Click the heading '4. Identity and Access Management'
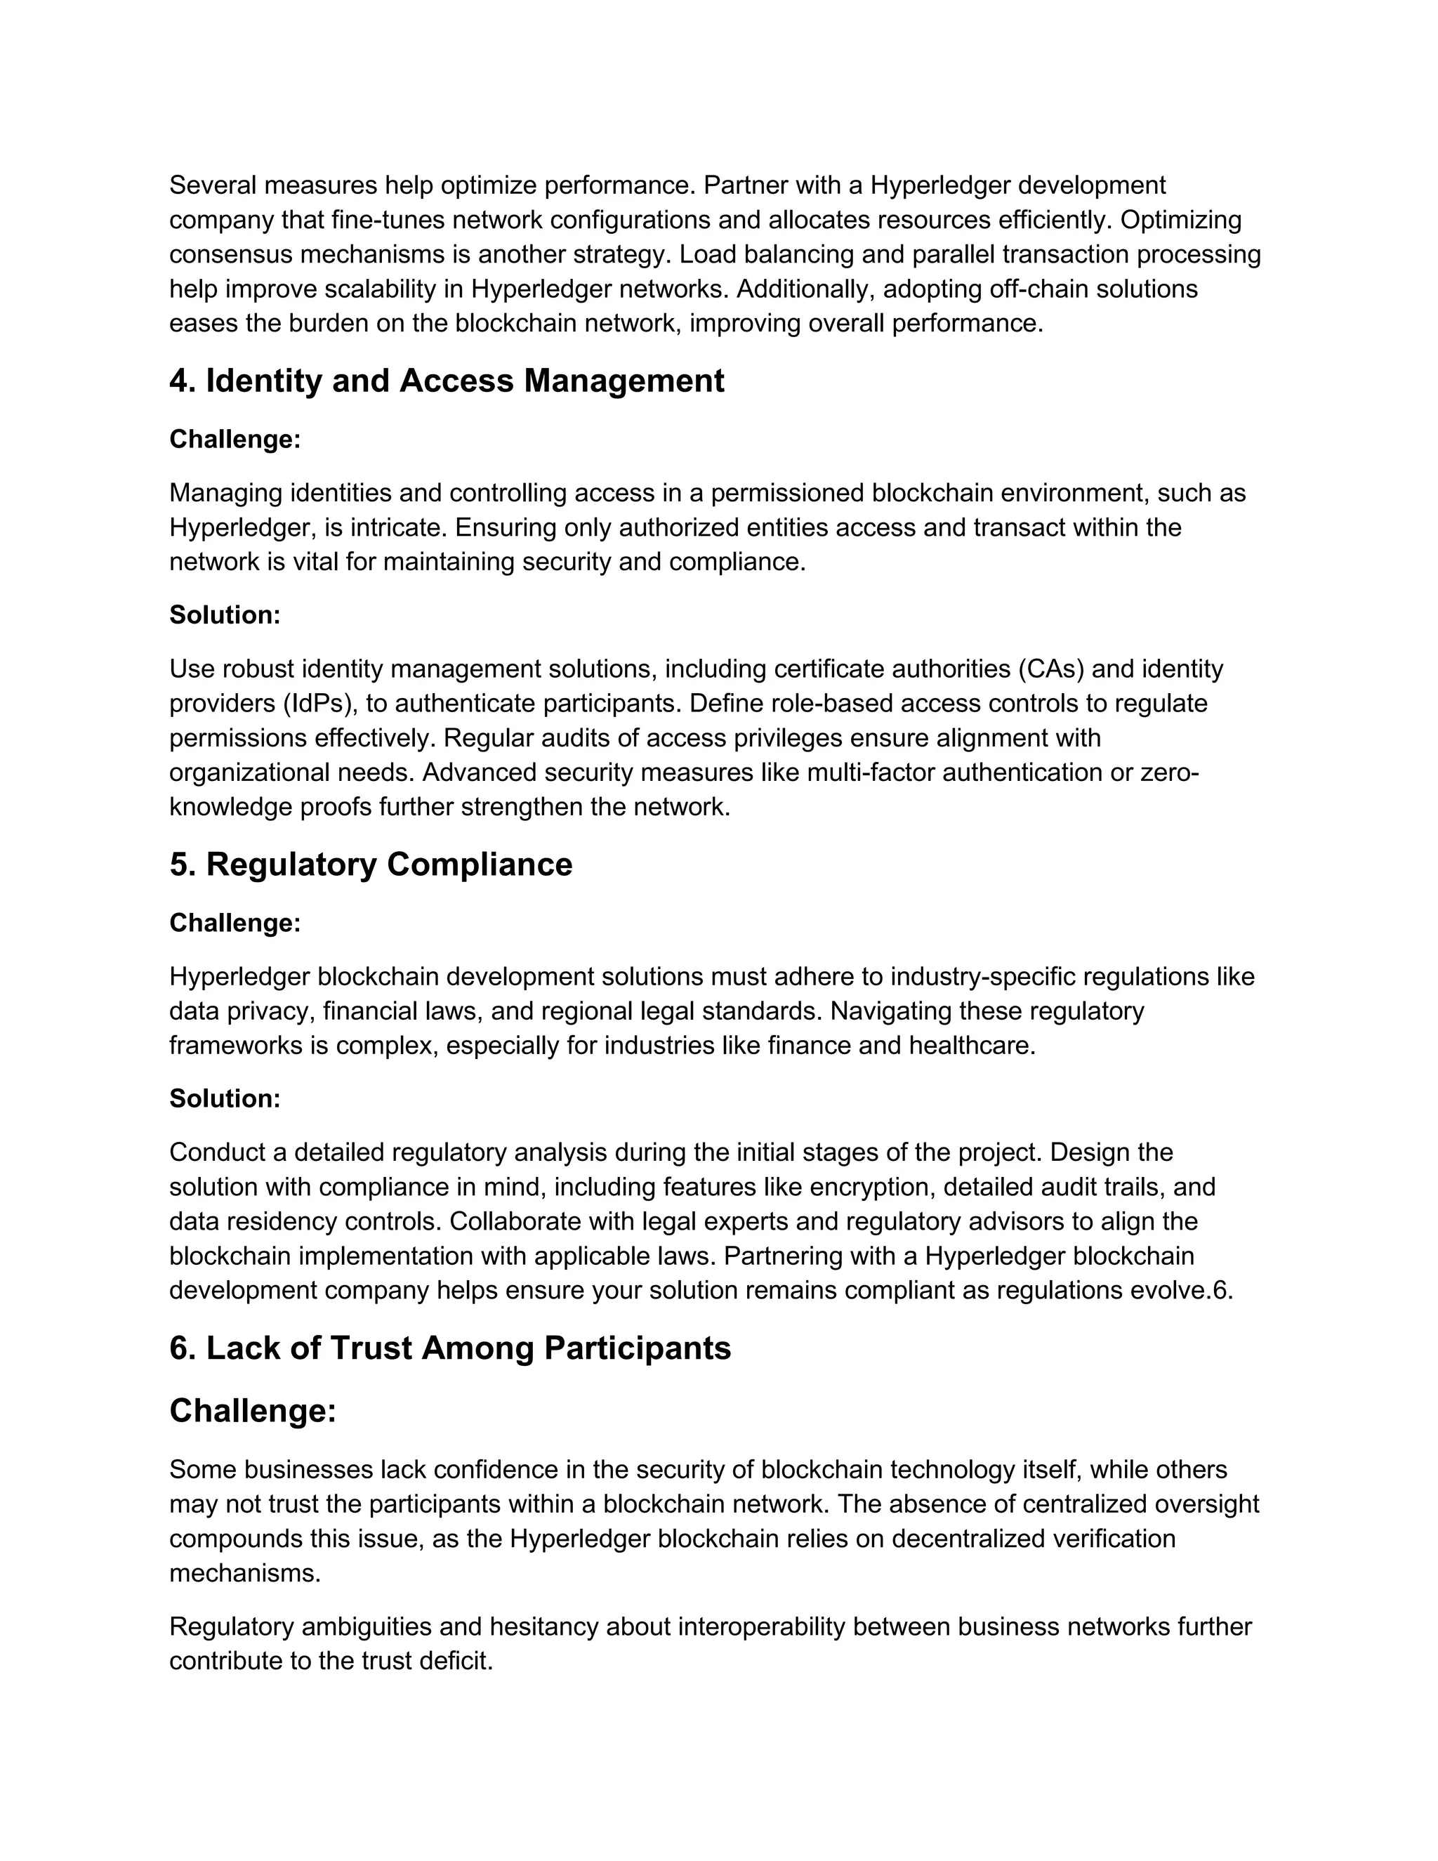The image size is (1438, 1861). (x=447, y=380)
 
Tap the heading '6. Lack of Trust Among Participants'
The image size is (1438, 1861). (x=450, y=1348)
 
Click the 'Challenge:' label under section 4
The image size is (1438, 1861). (x=235, y=439)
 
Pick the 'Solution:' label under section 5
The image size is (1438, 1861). (x=225, y=1098)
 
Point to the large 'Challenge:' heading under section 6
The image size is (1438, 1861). (x=253, y=1411)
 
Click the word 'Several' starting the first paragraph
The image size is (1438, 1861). (x=213, y=185)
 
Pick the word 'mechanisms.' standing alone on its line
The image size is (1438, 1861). (x=245, y=1573)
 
